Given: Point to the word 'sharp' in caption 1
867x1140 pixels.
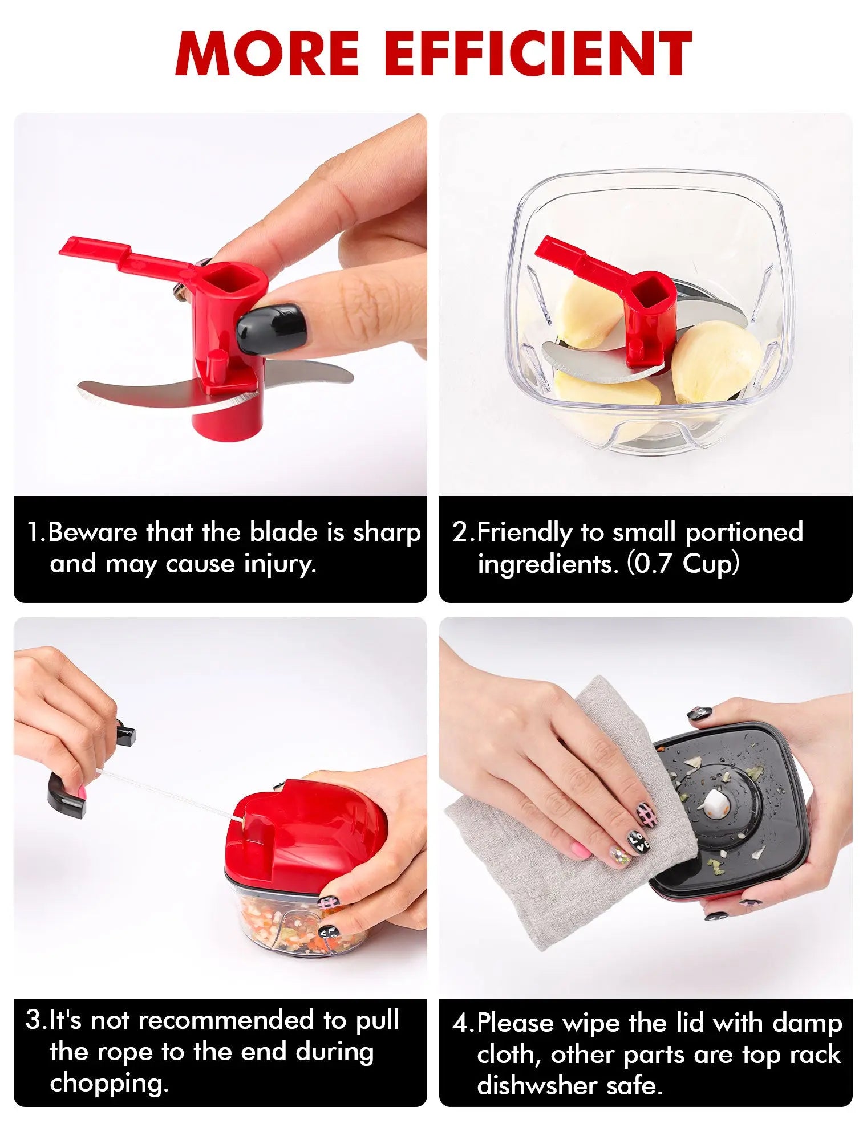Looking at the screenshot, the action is pos(387,533).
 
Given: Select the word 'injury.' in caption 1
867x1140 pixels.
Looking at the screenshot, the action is pos(280,564).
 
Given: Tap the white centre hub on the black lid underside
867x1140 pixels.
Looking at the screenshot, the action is pos(715,804).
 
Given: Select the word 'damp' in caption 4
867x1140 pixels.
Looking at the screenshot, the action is pos(808,1024).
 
